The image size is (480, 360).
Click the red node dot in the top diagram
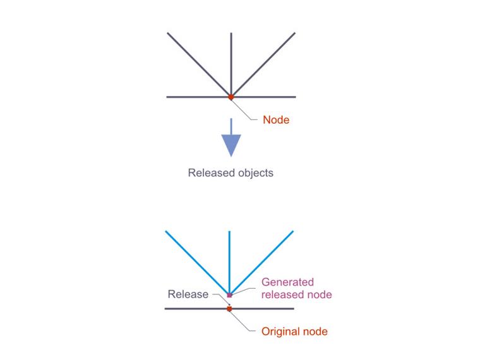pos(231,97)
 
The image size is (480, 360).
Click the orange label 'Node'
pos(275,120)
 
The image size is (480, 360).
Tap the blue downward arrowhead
pos(231,145)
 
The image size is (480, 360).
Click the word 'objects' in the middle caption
pos(253,172)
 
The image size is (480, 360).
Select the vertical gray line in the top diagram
pos(231,63)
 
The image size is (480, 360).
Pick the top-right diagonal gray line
pos(265,62)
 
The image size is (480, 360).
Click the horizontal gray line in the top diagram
pos(189,97)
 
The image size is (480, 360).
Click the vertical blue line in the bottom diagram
pos(229,259)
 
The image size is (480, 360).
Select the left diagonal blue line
pos(196,261)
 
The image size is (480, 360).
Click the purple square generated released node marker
pos(230,295)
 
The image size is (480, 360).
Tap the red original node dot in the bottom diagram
pos(230,309)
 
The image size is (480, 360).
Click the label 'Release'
pos(188,294)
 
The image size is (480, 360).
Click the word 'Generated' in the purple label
pos(287,282)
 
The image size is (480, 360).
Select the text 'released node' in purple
pos(296,294)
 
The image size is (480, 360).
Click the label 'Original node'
pos(294,331)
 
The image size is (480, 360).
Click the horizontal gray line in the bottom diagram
pos(189,308)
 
